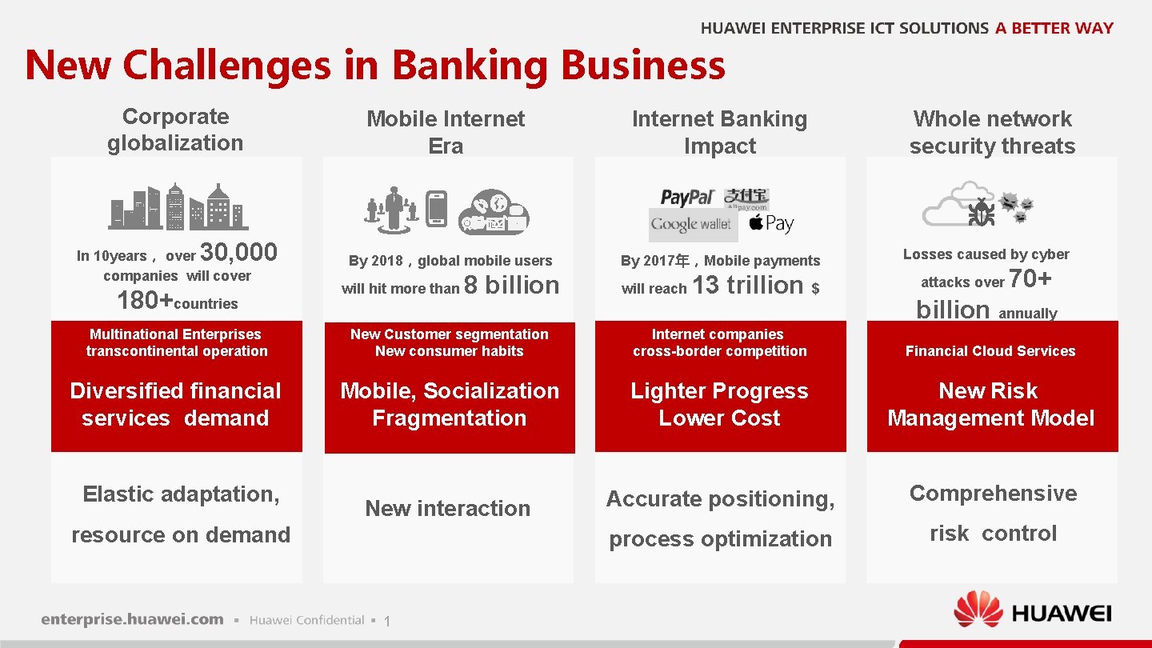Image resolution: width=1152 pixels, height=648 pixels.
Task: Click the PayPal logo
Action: point(687,197)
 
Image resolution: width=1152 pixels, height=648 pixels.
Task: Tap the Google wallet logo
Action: point(691,224)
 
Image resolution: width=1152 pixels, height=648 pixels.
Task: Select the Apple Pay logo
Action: point(771,223)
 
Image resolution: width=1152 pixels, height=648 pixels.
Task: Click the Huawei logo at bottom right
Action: point(1033,614)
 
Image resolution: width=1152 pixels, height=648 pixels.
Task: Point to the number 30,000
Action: point(238,253)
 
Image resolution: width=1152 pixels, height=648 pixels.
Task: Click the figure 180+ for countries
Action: point(145,302)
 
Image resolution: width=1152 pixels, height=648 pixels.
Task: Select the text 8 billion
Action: point(512,285)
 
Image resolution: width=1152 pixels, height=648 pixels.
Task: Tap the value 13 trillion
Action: point(747,285)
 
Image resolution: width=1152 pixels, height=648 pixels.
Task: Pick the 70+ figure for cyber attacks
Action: point(1030,278)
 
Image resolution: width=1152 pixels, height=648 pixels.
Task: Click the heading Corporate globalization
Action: point(175,130)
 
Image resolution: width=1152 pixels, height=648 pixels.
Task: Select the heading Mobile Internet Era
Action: point(446,132)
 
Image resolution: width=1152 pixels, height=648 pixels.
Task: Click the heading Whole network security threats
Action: point(992,132)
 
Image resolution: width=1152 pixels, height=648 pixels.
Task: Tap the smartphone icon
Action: point(437,208)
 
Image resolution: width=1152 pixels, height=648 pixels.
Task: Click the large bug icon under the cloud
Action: point(981,212)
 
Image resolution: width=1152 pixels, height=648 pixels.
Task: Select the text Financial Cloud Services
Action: point(990,351)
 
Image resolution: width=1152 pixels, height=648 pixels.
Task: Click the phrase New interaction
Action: point(447,508)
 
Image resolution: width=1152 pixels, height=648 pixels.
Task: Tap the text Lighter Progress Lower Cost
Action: point(719,404)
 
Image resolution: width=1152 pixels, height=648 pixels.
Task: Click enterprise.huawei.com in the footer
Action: point(133,619)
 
